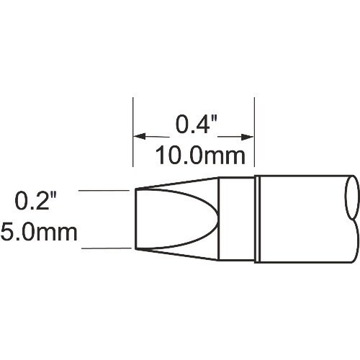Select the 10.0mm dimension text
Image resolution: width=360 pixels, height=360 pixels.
(x=196, y=154)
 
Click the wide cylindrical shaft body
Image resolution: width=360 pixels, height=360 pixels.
(x=302, y=219)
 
